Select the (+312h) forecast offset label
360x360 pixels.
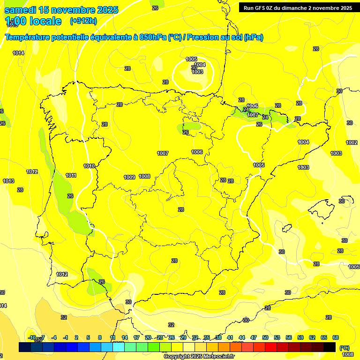(x=83, y=21)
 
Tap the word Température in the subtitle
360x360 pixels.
(x=28, y=37)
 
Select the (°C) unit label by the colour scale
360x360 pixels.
(x=344, y=347)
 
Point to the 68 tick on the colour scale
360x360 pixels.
(x=336, y=337)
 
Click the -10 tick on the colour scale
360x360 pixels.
(x=32, y=337)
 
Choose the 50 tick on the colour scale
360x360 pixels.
(x=265, y=337)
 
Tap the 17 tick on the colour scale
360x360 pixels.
(x=136, y=337)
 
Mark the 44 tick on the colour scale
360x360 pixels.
(x=242, y=337)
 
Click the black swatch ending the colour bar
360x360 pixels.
(x=330, y=347)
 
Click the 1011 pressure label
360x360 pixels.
(x=71, y=176)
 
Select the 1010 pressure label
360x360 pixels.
(x=89, y=166)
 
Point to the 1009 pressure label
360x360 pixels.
(x=129, y=177)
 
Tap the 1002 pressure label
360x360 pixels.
(x=352, y=142)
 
